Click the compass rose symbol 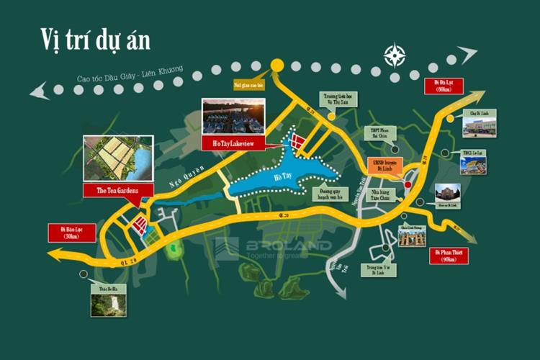click(x=395, y=54)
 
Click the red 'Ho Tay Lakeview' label click(x=233, y=143)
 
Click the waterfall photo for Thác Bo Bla click(x=108, y=302)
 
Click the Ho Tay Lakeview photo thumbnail click(x=233, y=116)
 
